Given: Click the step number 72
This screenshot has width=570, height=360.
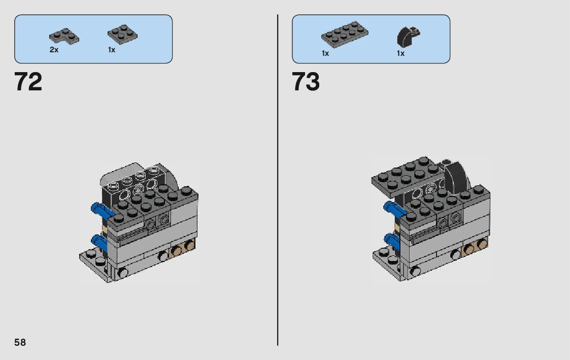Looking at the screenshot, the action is pyautogui.click(x=28, y=81).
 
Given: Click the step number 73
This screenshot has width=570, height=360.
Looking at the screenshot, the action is pyautogui.click(x=306, y=81).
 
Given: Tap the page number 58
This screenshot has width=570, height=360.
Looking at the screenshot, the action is pyautogui.click(x=20, y=342).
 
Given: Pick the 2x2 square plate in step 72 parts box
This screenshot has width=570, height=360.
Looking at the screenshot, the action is pyautogui.click(x=122, y=34).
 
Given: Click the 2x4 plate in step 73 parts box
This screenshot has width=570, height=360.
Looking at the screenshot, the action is pyautogui.click(x=344, y=34).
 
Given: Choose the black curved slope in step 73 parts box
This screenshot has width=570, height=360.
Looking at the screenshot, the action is pyautogui.click(x=408, y=37).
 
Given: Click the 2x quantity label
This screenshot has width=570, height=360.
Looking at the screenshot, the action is pyautogui.click(x=54, y=50).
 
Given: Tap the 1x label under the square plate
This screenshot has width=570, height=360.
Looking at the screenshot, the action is pyautogui.click(x=112, y=50).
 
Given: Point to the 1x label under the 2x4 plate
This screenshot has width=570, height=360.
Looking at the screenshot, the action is pyautogui.click(x=325, y=53).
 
